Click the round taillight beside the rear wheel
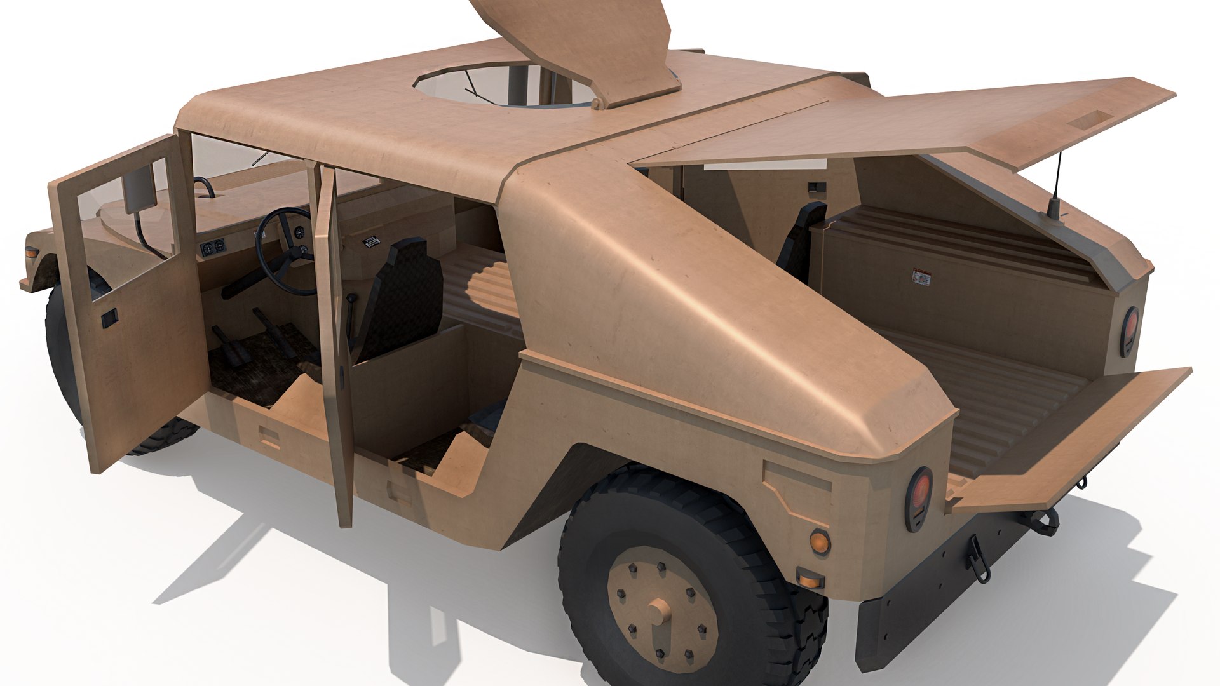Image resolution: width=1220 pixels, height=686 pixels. (919, 499)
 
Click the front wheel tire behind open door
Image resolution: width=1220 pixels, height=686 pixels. (60, 356)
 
